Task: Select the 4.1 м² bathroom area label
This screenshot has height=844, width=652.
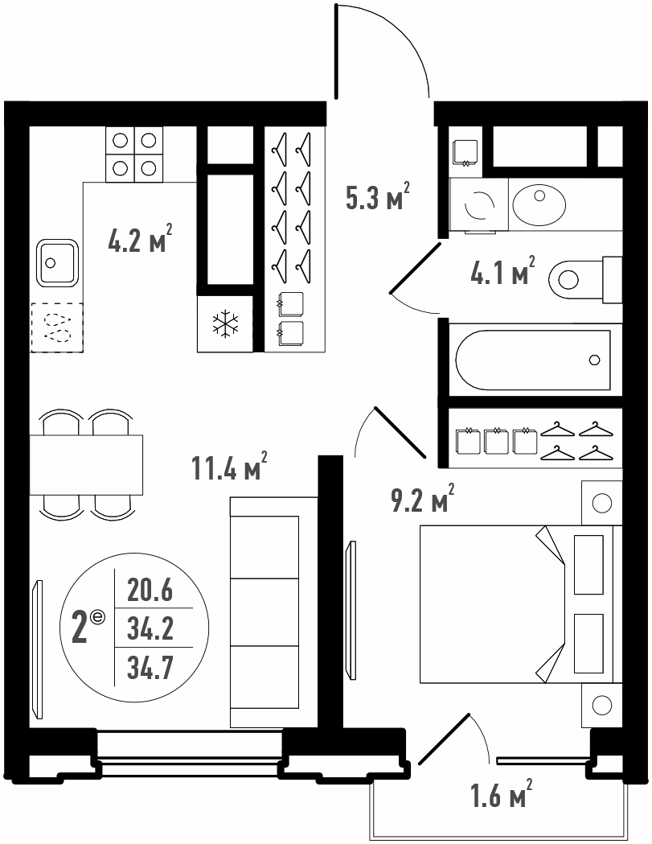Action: click(x=502, y=270)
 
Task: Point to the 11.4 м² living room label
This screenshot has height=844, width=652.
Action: click(x=230, y=466)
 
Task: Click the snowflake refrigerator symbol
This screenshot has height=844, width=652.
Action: click(x=225, y=324)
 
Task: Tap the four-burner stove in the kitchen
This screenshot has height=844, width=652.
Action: click(x=134, y=154)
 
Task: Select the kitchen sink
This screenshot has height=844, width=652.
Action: click(x=58, y=262)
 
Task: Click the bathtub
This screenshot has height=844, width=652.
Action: click(x=533, y=360)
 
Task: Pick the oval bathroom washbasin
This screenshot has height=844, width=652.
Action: click(x=539, y=205)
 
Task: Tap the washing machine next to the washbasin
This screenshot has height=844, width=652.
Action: click(x=479, y=205)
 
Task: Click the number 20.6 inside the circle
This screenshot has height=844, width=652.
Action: click(x=150, y=591)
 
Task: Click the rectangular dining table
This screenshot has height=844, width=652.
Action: click(x=86, y=464)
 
